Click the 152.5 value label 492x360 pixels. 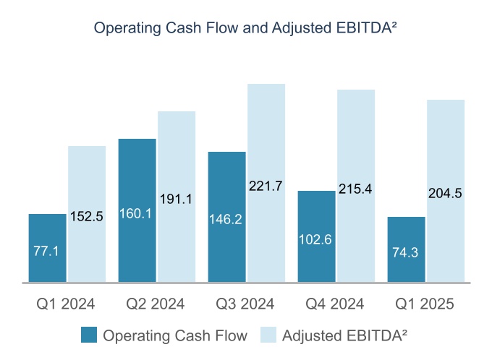[x=87, y=215]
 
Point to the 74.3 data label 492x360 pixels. [x=407, y=253]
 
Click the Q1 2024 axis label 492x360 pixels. [x=66, y=304]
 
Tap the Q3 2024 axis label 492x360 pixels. [x=246, y=304]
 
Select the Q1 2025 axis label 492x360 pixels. [x=426, y=304]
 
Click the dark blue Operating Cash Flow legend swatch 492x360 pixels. [x=89, y=335]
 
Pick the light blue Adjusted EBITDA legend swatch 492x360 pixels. [x=267, y=335]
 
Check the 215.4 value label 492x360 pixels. [x=355, y=189]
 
